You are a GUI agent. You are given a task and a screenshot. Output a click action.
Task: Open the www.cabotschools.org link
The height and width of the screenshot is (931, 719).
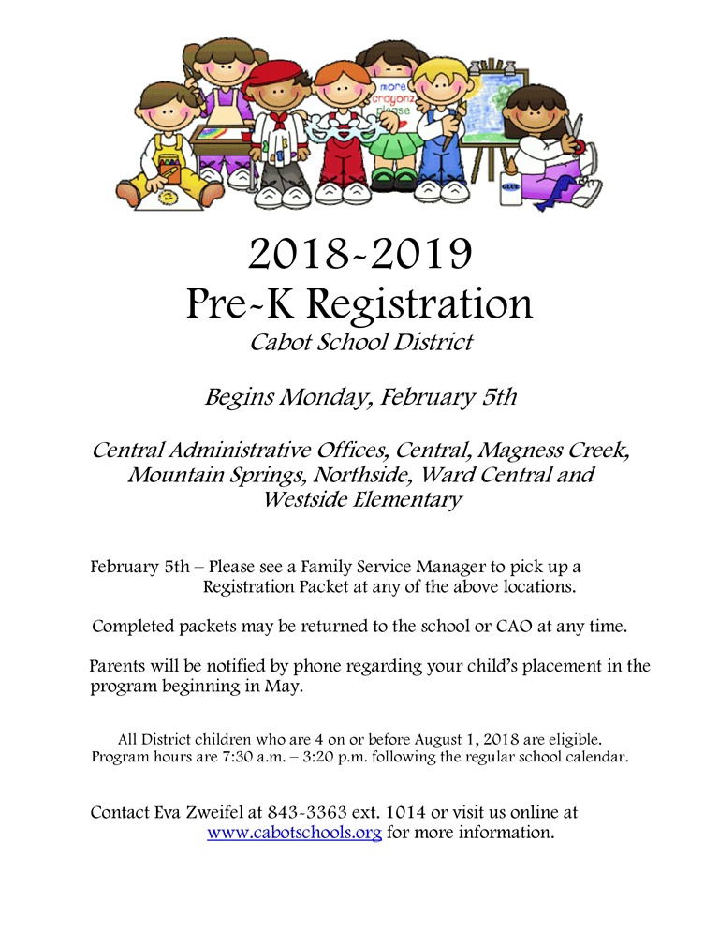coord(294,832)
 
